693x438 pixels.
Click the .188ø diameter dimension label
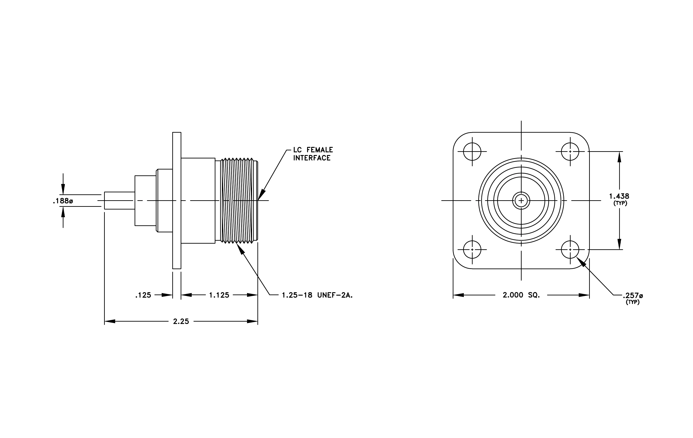[x=63, y=201]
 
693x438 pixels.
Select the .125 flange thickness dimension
[x=143, y=295]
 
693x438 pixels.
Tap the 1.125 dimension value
[x=219, y=295]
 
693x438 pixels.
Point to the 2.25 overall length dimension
[x=181, y=321]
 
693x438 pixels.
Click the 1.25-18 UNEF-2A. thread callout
[x=317, y=295]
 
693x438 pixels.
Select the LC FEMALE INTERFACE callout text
[x=313, y=154]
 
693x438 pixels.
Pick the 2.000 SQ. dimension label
[x=521, y=295]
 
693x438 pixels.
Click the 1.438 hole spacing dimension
[x=619, y=196]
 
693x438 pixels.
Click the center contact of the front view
[x=521, y=200]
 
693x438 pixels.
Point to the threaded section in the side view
[x=239, y=200]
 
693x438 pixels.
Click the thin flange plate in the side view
[x=177, y=200]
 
